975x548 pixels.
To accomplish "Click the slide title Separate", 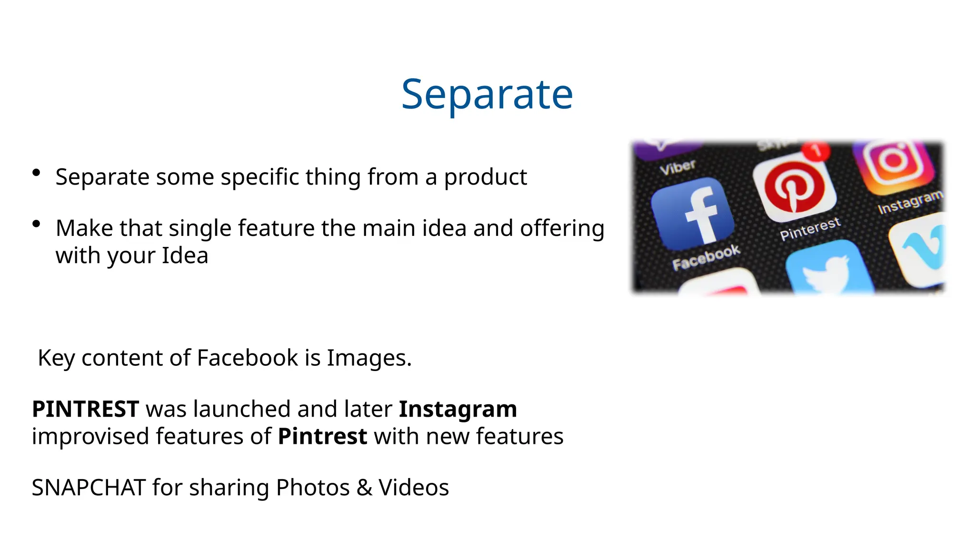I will [x=487, y=94].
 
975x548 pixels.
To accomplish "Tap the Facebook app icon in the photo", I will [x=693, y=214].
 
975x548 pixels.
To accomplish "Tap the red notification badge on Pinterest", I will [x=816, y=151].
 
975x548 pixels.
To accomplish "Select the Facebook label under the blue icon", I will [x=706, y=257].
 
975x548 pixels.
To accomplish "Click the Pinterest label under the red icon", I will [x=810, y=229].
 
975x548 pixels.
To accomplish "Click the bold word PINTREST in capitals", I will [x=86, y=409].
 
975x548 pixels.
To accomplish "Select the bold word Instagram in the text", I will [x=458, y=409].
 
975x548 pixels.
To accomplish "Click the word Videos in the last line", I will [x=414, y=488].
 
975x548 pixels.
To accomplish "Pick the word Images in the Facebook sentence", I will [x=369, y=358].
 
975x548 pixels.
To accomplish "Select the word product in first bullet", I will [x=485, y=177].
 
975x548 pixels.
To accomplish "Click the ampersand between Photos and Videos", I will [x=364, y=488].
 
